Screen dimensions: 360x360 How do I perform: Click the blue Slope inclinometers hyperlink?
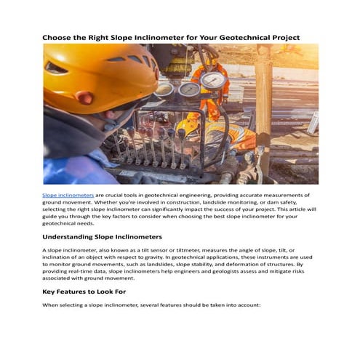pos(68,196)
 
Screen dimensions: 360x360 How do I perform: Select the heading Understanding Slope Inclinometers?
pos(102,237)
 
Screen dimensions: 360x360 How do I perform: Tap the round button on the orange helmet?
pos(86,97)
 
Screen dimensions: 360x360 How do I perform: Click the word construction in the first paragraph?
pos(175,202)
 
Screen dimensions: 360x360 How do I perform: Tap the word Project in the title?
pos(281,37)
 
